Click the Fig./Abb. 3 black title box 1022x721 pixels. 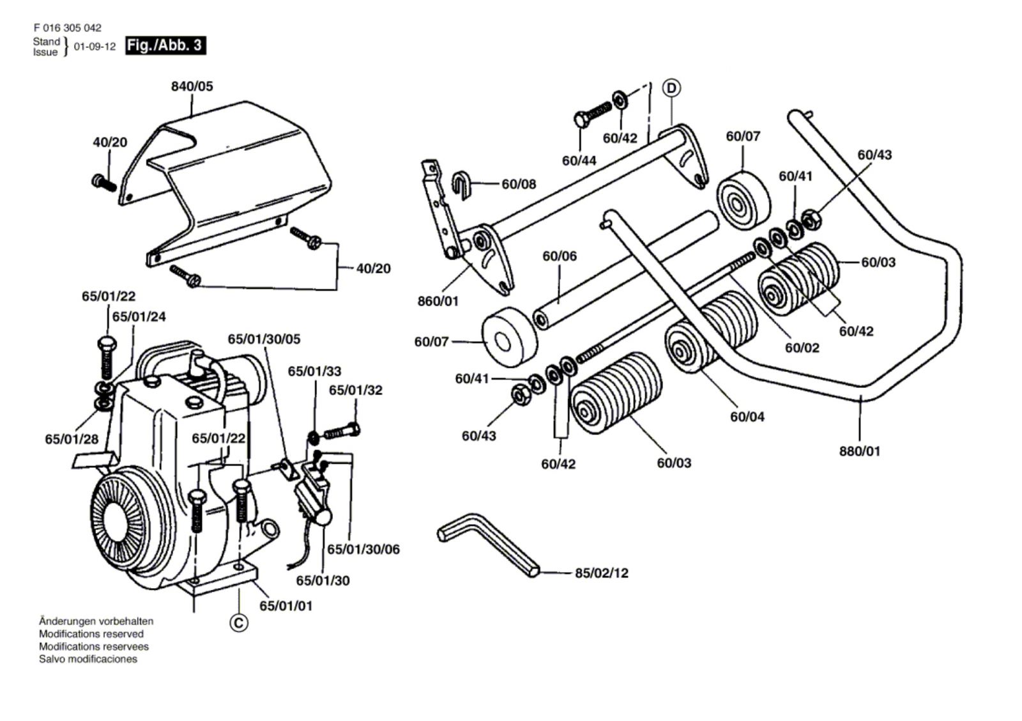point(165,45)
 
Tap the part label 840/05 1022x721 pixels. point(192,86)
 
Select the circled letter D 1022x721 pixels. point(671,88)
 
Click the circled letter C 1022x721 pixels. point(239,623)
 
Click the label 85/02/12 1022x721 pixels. point(601,573)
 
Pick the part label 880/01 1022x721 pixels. point(859,451)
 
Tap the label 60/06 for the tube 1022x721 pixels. point(560,256)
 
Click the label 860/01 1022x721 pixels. point(438,300)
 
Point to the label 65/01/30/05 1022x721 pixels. point(264,339)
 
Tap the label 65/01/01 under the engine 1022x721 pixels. point(286,605)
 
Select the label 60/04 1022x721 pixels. point(747,417)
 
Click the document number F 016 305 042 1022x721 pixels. point(67,28)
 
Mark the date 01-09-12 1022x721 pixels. point(95,47)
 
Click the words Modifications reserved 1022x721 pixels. point(91,634)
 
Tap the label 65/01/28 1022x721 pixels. point(72,439)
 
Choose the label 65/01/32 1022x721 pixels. point(356,390)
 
